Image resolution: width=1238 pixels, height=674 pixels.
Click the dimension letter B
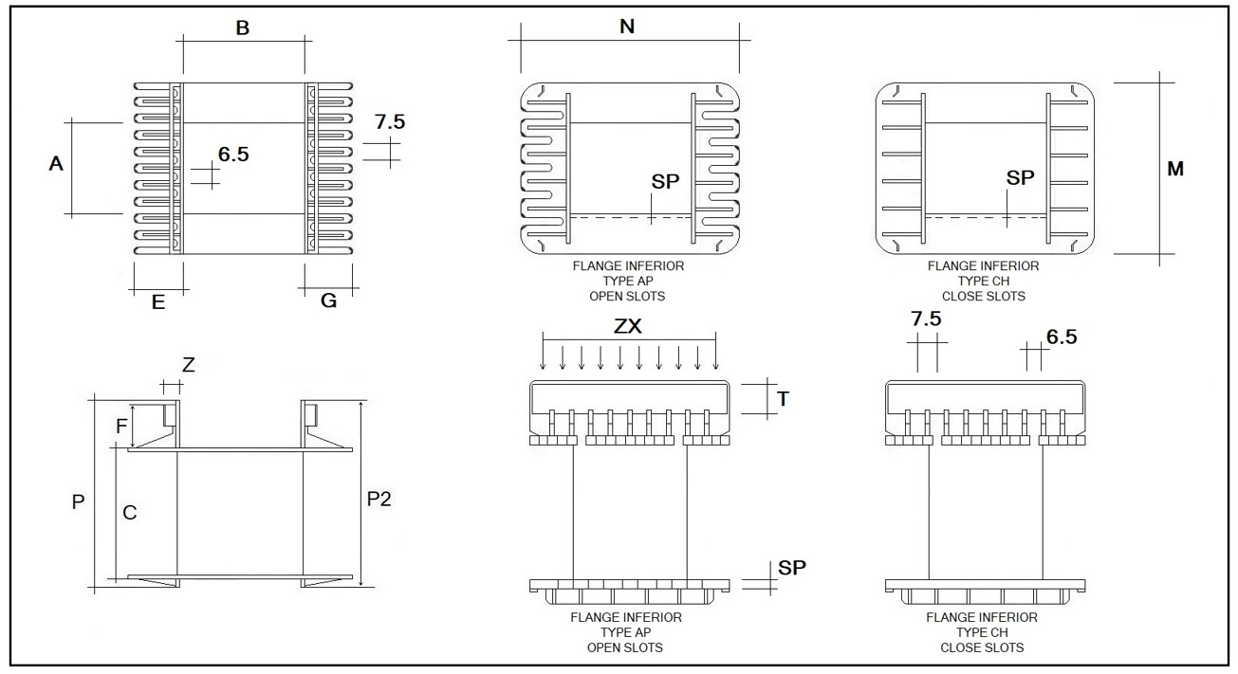click(243, 29)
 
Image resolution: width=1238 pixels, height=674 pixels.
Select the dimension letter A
click(56, 164)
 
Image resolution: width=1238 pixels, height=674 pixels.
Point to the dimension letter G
click(329, 302)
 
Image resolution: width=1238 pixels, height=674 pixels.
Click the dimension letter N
click(627, 27)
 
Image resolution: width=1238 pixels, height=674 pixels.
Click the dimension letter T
click(783, 399)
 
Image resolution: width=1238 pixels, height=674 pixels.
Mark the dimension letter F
click(121, 426)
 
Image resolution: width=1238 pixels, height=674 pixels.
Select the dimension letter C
click(130, 513)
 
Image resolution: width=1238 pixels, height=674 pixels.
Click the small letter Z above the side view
click(188, 365)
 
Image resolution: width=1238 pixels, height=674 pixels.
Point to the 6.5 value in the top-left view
click(233, 155)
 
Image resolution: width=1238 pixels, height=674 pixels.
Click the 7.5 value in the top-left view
click(390, 122)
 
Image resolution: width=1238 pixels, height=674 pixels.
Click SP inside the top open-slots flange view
click(666, 181)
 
